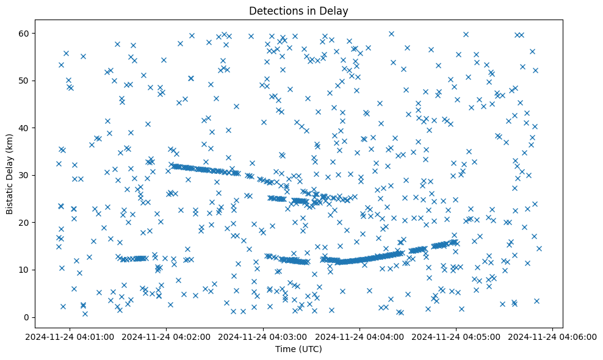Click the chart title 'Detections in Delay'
pos(299,10)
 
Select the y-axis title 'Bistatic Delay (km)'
pos(10,174)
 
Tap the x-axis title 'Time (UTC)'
pos(299,350)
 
